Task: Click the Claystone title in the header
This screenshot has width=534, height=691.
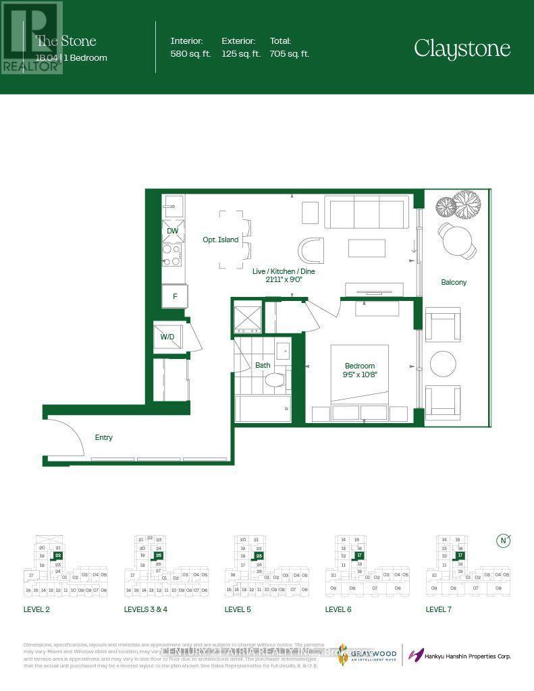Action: (462, 49)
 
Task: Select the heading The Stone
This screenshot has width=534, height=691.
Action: (65, 42)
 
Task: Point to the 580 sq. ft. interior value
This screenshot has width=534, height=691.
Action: (191, 55)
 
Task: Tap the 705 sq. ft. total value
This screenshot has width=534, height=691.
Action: (290, 55)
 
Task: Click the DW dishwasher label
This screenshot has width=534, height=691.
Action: (173, 231)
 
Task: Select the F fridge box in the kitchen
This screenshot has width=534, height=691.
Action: (174, 296)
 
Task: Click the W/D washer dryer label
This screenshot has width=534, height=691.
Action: (167, 337)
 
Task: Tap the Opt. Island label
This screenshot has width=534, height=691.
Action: (221, 240)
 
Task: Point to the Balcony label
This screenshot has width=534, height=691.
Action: (454, 282)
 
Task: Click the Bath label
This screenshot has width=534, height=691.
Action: (263, 365)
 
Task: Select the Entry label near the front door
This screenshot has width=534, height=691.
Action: (103, 437)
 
